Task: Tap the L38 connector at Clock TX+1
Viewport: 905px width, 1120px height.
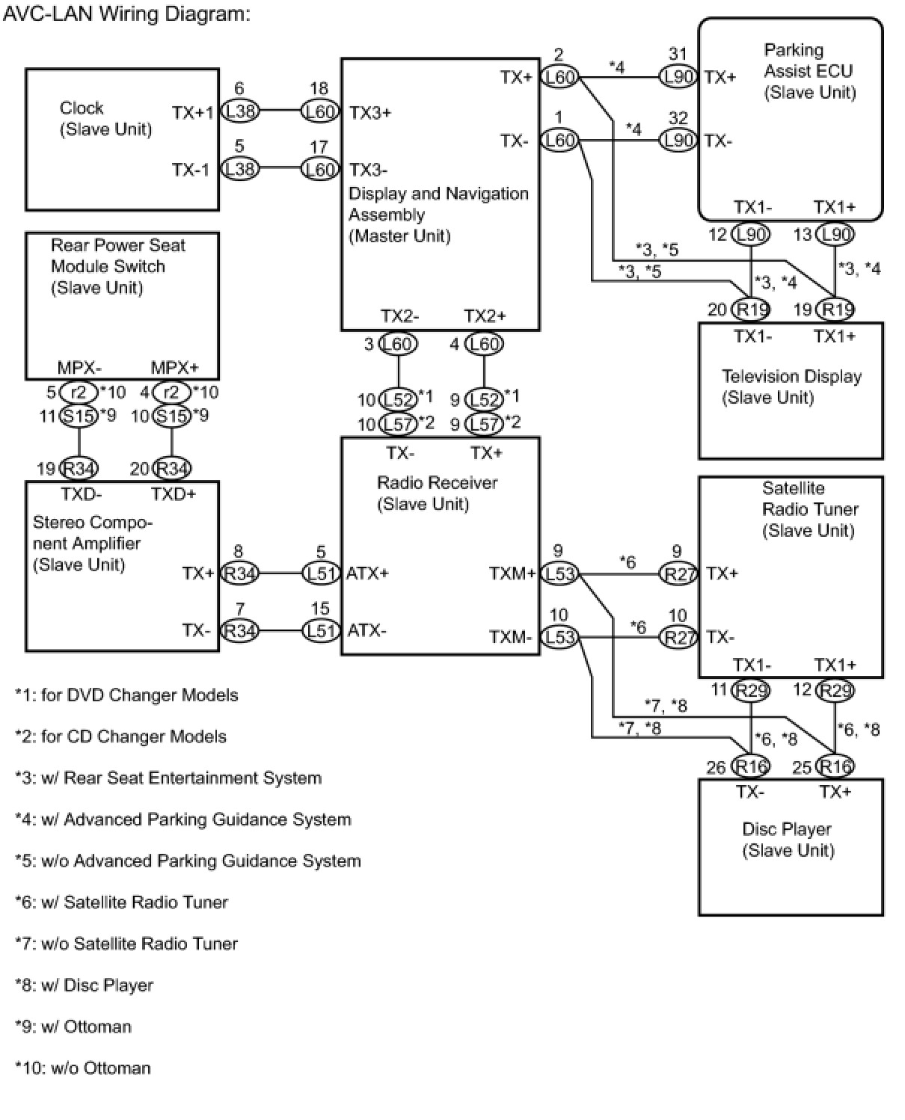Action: (x=240, y=112)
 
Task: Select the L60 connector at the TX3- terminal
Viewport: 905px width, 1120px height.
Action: (x=320, y=170)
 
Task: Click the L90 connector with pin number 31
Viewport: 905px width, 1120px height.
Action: (x=678, y=77)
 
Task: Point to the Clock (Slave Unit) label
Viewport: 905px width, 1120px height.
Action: (x=105, y=119)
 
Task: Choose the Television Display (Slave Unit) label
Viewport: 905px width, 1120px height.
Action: (x=791, y=387)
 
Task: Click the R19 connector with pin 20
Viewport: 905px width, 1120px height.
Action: (x=750, y=309)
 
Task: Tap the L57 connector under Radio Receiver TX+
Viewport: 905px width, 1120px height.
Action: (x=484, y=424)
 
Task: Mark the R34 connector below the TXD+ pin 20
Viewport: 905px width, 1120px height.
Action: (x=171, y=469)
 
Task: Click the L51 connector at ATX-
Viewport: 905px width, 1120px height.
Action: (x=321, y=630)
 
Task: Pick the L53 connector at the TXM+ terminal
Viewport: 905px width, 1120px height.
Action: (x=559, y=574)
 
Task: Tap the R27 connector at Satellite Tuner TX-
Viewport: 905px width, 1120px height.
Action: (x=678, y=638)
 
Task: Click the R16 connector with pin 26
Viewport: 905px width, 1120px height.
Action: (x=750, y=766)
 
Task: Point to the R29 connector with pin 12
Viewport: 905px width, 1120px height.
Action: (x=835, y=690)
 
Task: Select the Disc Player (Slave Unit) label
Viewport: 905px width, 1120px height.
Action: (x=788, y=840)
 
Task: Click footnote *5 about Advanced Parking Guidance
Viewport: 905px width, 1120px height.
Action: (x=188, y=861)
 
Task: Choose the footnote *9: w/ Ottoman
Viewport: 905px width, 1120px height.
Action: (x=73, y=1027)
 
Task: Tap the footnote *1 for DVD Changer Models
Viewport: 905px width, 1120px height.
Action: (x=126, y=695)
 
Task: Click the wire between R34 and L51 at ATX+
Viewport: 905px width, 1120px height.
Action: (x=280, y=574)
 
